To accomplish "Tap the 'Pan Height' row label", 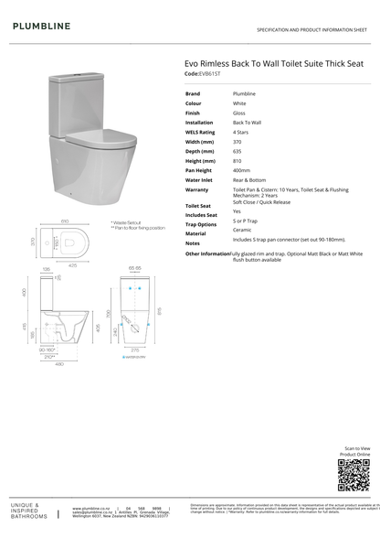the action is (x=199, y=170).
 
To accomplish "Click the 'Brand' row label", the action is (x=193, y=93).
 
